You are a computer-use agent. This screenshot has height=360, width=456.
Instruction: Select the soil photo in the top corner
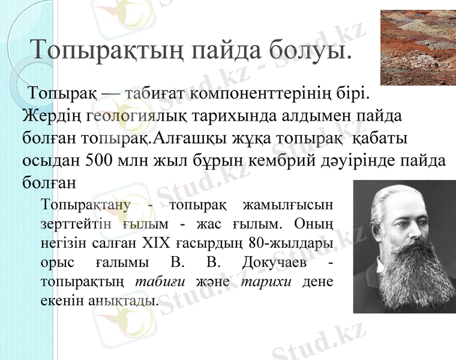(418, 47)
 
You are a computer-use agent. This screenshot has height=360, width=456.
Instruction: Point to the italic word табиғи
(157, 282)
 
